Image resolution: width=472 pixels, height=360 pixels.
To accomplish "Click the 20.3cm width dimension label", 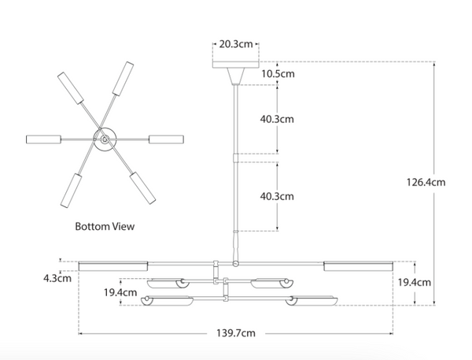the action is coord(236,44).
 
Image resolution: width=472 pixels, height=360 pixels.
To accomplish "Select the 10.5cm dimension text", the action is coord(278,74).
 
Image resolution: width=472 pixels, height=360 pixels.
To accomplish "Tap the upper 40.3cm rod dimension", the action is coord(277,119).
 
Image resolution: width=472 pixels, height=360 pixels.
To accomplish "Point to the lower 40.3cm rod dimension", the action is coord(277,196).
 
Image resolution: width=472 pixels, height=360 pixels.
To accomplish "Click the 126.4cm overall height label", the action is coord(426,182).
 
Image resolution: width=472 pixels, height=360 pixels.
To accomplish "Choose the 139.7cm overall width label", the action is coord(236,333).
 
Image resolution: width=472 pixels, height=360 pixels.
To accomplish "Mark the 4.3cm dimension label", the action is coord(57,278).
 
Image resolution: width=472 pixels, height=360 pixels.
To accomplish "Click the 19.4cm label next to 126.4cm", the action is coord(415,283).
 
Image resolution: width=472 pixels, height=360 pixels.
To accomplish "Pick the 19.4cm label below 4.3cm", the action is coord(120,292).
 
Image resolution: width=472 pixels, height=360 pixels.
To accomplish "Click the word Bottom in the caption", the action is coord(92,226).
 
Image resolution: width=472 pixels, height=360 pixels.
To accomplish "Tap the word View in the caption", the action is coord(124,226).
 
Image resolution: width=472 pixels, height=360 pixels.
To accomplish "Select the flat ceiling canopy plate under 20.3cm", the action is coord(236,65).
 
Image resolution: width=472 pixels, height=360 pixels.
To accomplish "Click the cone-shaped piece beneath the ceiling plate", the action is coord(236,76).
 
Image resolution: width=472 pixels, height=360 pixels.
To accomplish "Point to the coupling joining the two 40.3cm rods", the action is coord(236,158).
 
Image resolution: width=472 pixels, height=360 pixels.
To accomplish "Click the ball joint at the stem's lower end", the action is coord(236,264).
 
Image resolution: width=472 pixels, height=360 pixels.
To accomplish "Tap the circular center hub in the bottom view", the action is coord(105,139).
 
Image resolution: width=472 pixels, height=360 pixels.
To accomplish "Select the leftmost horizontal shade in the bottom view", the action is coord(43,139).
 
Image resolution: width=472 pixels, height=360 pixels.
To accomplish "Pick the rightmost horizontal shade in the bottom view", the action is coord(167,139).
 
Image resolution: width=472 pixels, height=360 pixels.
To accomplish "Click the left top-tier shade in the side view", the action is coord(113,266).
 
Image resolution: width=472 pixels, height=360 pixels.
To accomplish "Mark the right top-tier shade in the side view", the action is coord(358,266).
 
